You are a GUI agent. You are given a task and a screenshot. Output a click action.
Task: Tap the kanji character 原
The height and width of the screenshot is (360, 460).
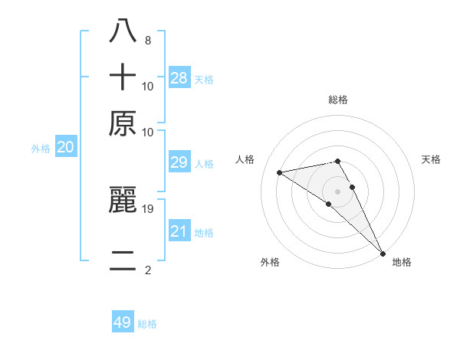click(x=123, y=123)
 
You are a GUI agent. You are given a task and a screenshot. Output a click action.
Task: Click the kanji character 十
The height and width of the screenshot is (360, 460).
click(x=123, y=77)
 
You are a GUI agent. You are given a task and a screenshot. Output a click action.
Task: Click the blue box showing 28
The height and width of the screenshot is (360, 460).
click(x=179, y=77)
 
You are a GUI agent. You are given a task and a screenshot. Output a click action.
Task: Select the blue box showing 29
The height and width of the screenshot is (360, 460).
click(x=179, y=162)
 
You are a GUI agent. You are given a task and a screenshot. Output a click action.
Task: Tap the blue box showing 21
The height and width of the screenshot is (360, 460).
click(x=179, y=231)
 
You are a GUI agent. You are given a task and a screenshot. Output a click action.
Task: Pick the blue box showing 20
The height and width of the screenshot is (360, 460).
click(x=66, y=148)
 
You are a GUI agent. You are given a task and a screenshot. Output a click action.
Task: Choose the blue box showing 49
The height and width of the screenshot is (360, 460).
click(x=123, y=322)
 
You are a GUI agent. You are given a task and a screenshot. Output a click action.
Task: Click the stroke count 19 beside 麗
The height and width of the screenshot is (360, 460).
click(x=148, y=208)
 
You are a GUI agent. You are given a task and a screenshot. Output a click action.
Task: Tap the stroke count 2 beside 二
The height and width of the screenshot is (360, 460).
click(x=147, y=270)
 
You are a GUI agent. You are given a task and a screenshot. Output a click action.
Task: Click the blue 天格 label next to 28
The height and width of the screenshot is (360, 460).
click(x=204, y=79)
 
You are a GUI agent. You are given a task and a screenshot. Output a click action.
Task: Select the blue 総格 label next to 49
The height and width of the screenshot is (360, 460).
click(x=147, y=324)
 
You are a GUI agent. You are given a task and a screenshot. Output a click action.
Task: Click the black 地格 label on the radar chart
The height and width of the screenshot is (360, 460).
click(x=402, y=262)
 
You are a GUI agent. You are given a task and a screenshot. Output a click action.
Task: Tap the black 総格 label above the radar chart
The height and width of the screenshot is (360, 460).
click(x=338, y=100)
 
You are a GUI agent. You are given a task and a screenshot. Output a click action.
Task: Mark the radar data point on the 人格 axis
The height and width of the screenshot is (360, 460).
click(x=280, y=172)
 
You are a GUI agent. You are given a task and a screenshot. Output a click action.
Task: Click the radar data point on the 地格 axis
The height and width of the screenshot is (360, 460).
click(x=383, y=254)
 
